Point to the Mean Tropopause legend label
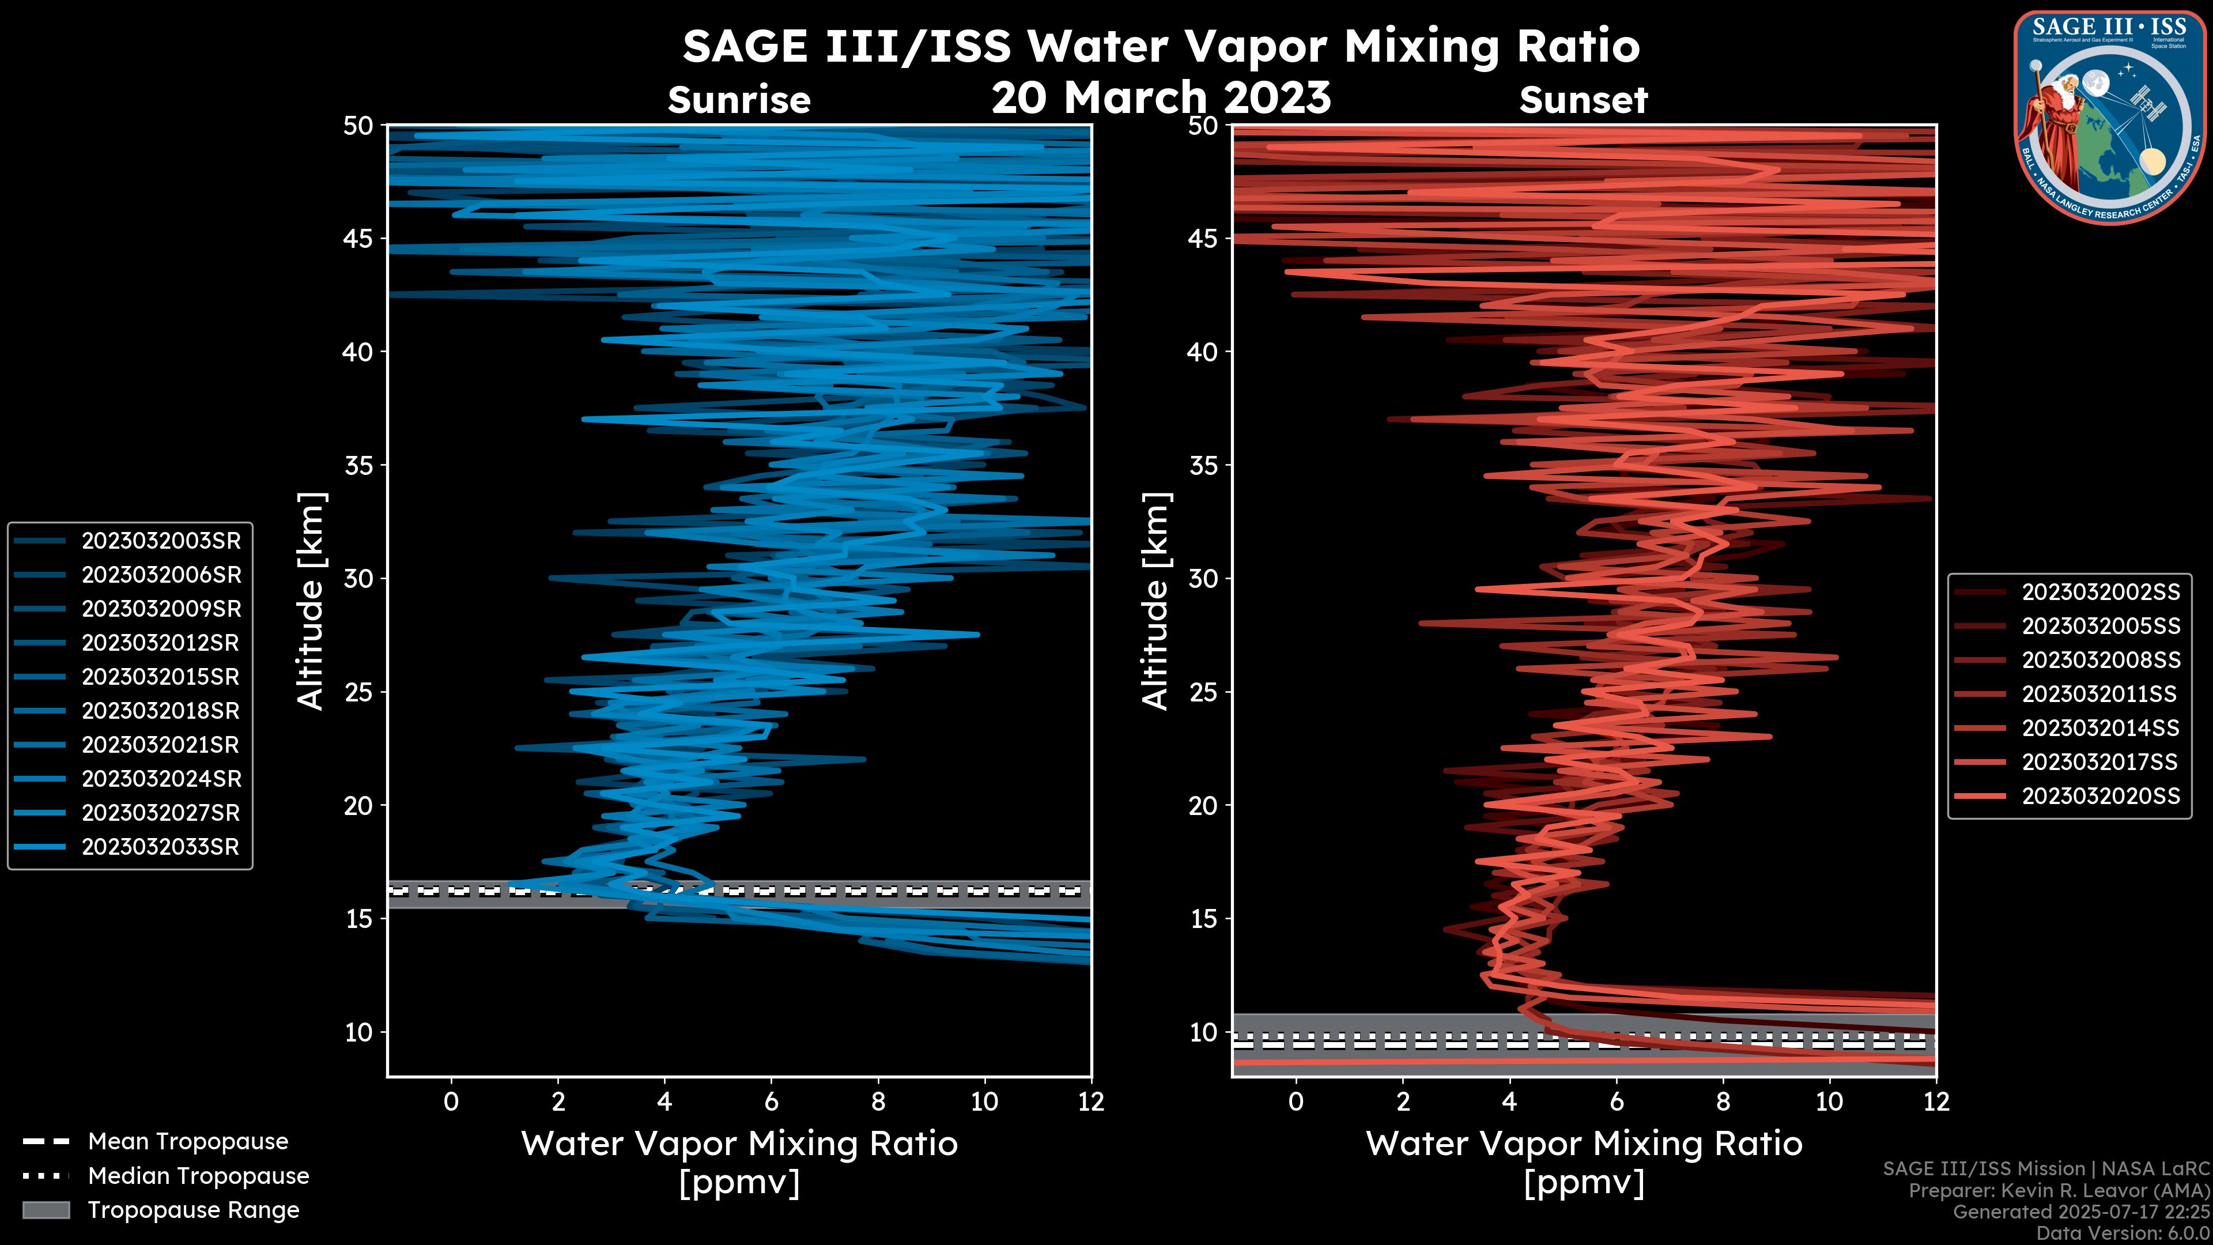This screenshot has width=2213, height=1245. pos(188,1142)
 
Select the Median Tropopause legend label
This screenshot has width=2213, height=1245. pos(198,1176)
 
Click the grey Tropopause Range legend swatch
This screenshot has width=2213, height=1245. pos(46,1210)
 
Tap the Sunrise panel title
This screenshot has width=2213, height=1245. pos(739,100)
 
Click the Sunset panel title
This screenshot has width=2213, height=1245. pos(1583,100)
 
